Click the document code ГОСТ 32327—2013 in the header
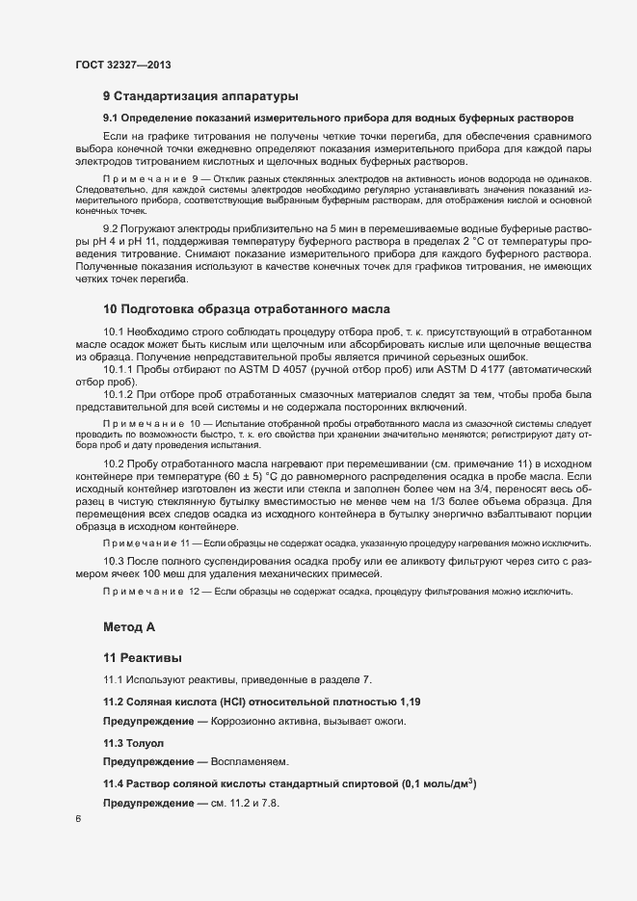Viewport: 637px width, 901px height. pos(124,65)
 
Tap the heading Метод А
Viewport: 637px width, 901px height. pos(129,627)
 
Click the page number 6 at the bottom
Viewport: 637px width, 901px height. pos(77,819)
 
